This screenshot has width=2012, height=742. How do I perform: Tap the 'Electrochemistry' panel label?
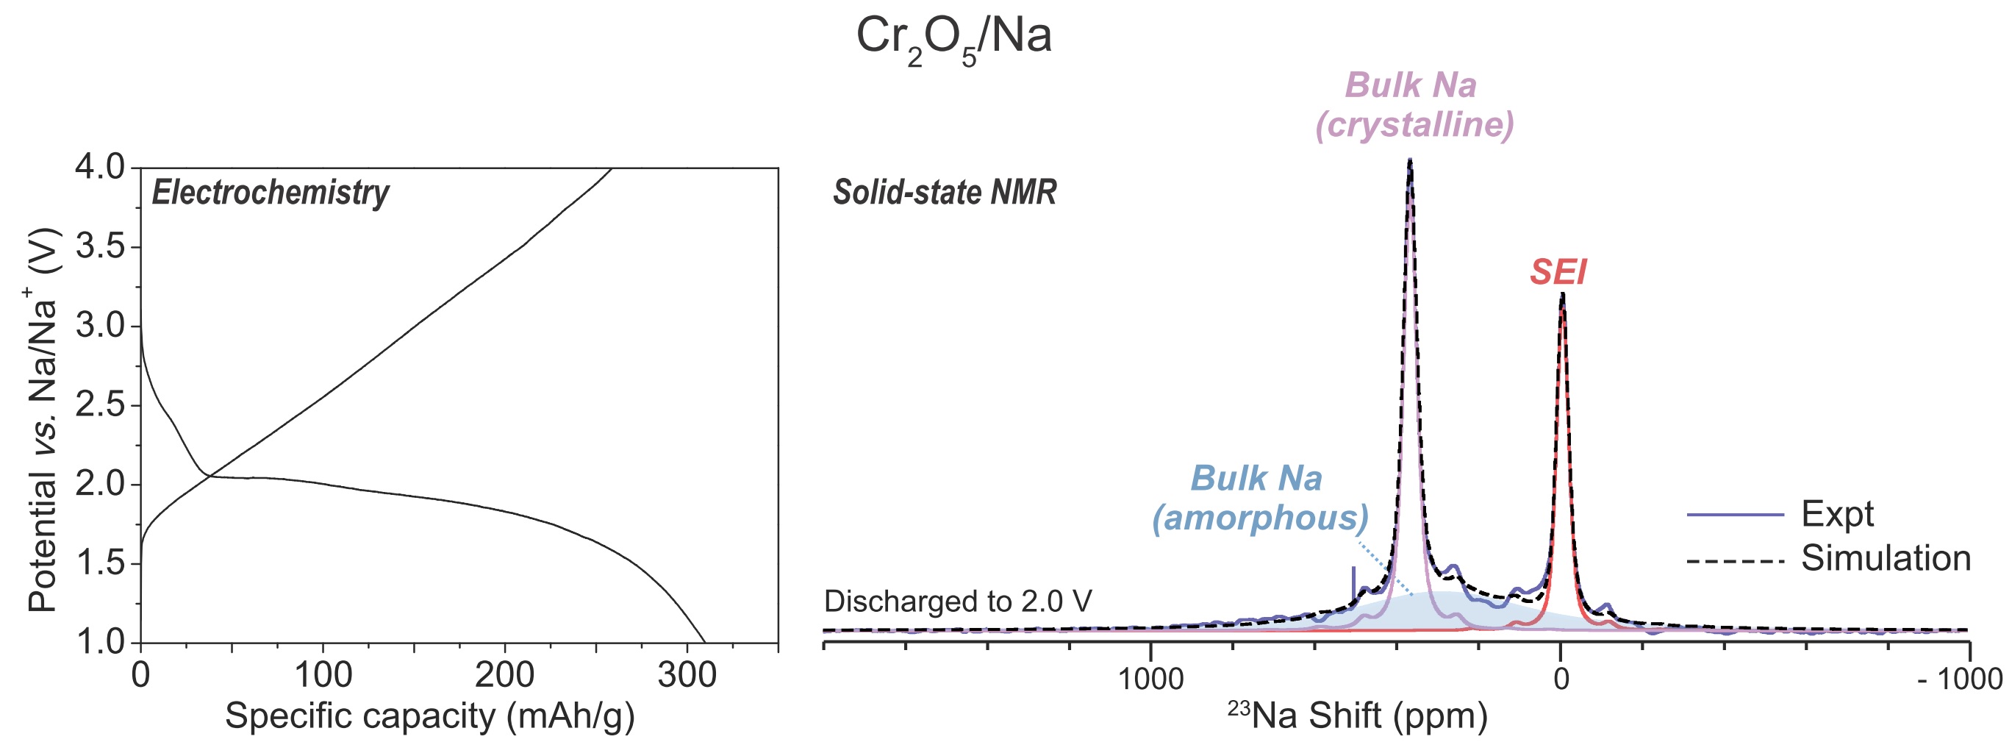pos(271,192)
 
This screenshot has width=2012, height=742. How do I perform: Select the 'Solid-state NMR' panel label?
pos(945,192)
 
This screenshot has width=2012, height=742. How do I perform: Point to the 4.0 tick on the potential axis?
pos(99,167)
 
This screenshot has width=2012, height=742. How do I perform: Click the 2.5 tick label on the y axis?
pos(99,405)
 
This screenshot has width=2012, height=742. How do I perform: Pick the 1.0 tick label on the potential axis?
pos(99,642)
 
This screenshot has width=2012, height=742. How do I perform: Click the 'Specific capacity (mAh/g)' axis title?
pos(429,716)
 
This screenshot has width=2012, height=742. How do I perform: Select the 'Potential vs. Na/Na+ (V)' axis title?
pos(43,419)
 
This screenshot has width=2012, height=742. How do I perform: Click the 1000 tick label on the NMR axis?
pos(1150,678)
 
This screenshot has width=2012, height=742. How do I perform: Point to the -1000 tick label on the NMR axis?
pos(1960,678)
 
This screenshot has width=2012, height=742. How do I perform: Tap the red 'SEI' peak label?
pos(1558,272)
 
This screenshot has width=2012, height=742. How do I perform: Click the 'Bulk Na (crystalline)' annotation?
pos(1414,104)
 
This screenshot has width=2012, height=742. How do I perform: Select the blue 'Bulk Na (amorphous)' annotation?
pos(1259,498)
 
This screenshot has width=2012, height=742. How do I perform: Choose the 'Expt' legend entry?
pos(1837,514)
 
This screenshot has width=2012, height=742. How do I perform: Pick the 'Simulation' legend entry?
pos(1886,558)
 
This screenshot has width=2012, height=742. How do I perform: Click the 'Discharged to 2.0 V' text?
pos(958,602)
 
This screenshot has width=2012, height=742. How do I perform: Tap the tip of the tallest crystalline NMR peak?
pos(1410,160)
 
